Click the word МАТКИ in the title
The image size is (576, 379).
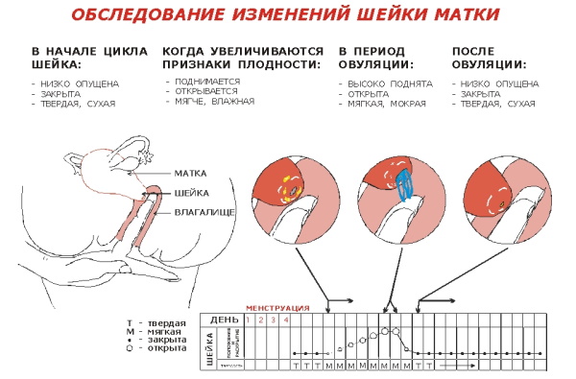[x=446, y=16]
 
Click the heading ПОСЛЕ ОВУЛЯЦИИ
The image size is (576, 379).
[x=489, y=58]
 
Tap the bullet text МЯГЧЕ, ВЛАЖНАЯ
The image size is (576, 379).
[x=212, y=101]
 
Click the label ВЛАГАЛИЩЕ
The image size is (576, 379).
[x=204, y=209]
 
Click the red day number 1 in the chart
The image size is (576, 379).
[x=249, y=319]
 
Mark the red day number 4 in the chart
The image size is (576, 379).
[x=285, y=319]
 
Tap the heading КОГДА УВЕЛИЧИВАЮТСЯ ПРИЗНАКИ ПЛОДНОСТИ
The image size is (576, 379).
[x=240, y=58]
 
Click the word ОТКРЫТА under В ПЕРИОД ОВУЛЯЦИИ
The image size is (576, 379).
[x=367, y=93]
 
